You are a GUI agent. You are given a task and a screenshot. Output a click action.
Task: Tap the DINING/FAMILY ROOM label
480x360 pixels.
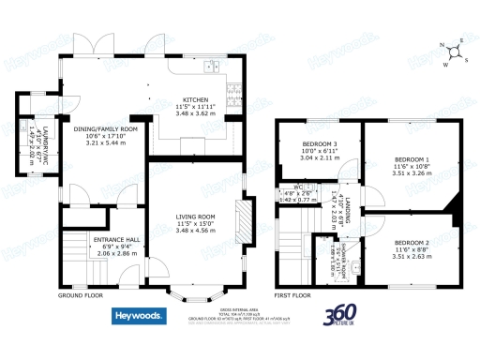106,128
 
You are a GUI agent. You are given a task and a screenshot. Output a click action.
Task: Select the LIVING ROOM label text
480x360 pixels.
196,217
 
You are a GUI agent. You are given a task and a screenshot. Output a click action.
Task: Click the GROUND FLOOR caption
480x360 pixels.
80,295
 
